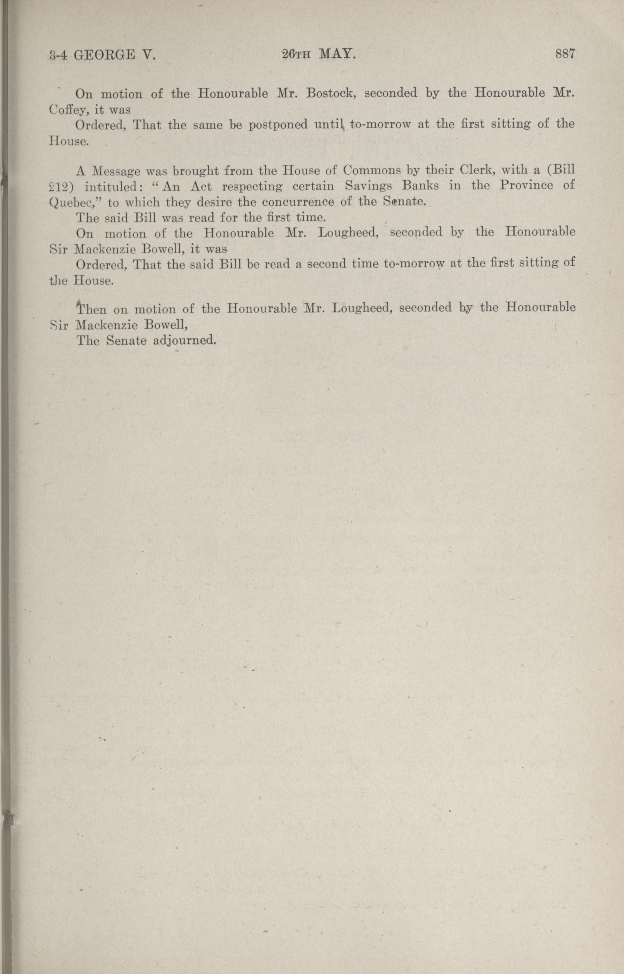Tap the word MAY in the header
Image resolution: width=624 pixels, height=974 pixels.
pyautogui.click(x=337, y=54)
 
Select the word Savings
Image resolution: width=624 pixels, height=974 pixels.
pyautogui.click(x=368, y=186)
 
